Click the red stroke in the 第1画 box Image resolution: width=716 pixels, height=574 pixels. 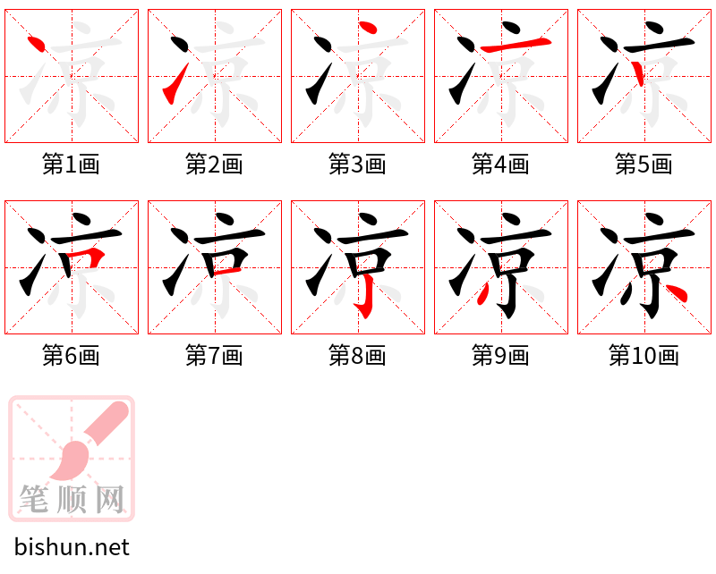pos(36,44)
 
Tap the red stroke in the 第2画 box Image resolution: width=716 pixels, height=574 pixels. pos(175,84)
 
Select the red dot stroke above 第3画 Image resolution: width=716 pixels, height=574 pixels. pos(368,28)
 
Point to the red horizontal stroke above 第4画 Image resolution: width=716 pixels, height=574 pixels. pos(516,45)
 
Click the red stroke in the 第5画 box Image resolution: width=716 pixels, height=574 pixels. pos(638,73)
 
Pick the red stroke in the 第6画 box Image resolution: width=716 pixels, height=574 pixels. pos(88,257)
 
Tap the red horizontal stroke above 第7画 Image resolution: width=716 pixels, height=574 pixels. pos(226,272)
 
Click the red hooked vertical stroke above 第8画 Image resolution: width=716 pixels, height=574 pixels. pos(366,297)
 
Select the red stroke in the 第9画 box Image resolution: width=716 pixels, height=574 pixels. pos(482,293)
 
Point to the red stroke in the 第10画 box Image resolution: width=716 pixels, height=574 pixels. pos(677,293)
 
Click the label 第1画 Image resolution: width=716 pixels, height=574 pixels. pos(71,165)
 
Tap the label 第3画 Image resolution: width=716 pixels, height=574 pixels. pos(357,165)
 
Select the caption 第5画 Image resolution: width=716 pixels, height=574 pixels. pos(644,165)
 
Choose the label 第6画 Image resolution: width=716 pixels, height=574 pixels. pos(71,356)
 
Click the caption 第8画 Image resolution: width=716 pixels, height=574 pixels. pos(357,356)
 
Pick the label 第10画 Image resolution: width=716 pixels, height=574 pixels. pos(644,356)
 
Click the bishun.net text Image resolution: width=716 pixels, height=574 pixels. pos(72,547)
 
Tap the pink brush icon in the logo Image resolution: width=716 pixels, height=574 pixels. pos(89,440)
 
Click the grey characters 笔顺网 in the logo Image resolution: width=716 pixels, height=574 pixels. pos(72,499)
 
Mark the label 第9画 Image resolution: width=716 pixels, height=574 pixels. pos(500,356)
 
